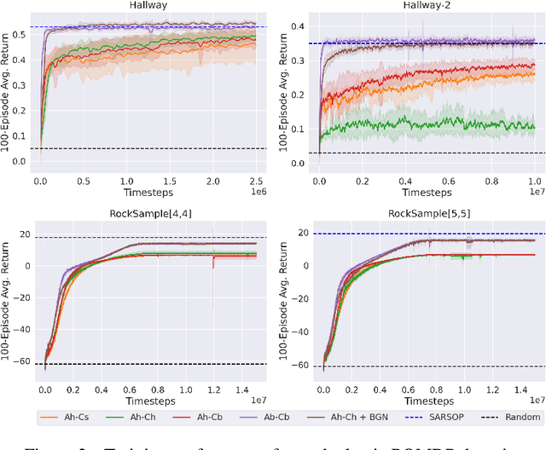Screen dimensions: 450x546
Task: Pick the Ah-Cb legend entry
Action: pos(201,417)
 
